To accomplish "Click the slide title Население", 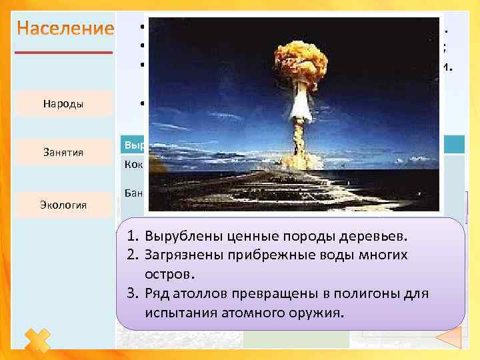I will (65, 29).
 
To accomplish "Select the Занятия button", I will (64, 153).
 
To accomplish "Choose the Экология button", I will (64, 205).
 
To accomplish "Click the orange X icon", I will (37, 341).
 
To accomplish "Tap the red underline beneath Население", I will (64, 51).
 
